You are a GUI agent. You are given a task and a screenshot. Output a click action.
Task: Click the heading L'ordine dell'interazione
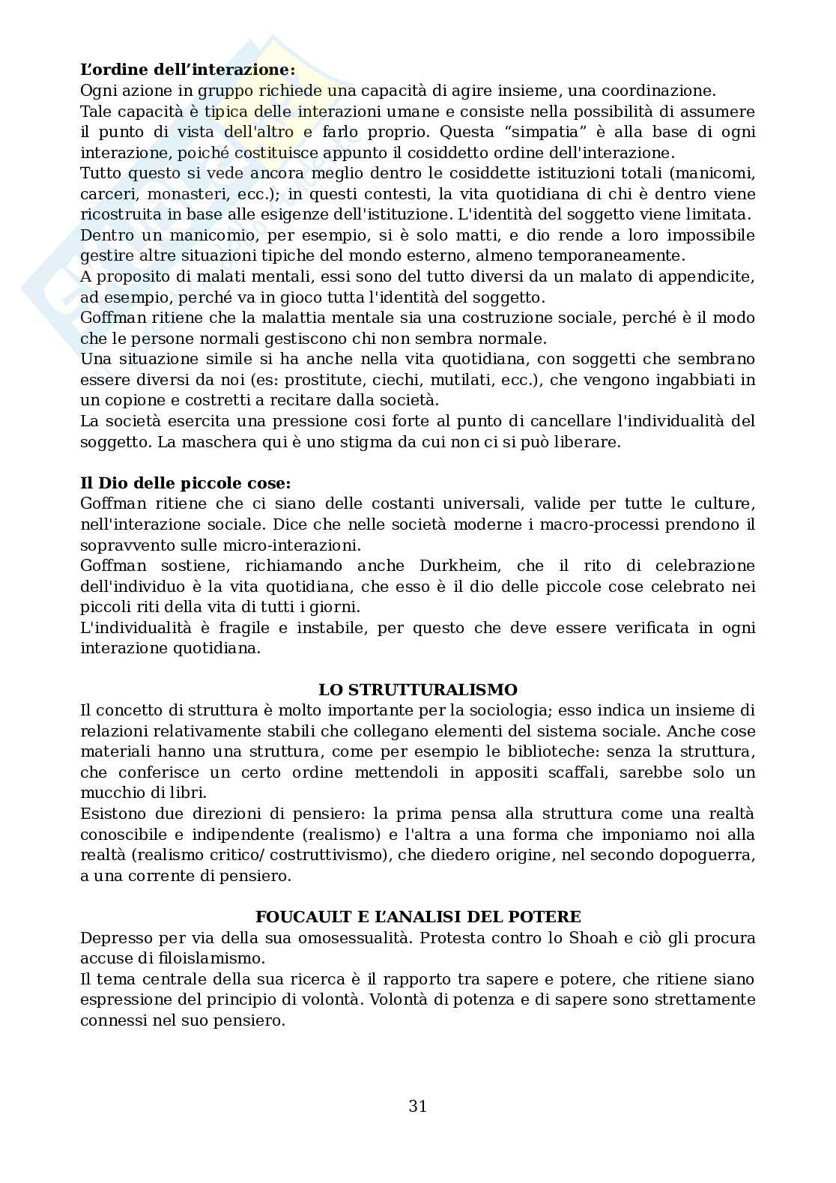(x=187, y=70)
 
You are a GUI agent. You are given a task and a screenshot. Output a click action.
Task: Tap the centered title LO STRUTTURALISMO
(x=418, y=689)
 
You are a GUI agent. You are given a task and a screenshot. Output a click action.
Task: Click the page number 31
(x=418, y=1105)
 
